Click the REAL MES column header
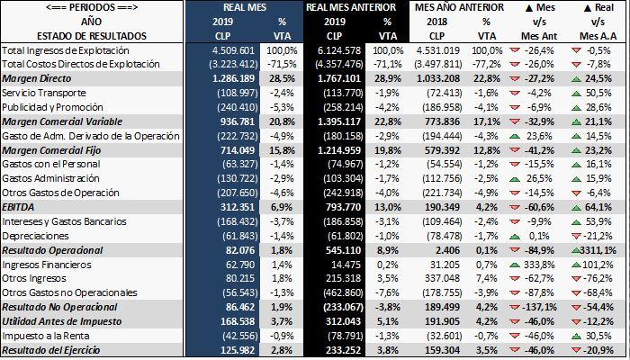[245, 7]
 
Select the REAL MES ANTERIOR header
[351, 7]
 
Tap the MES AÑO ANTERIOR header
[459, 7]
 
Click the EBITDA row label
[18, 207]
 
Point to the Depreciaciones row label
[35, 236]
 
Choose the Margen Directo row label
[37, 78]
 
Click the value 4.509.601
[233, 50]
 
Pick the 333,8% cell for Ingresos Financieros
[539, 265]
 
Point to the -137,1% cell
[537, 308]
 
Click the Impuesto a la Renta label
[46, 336]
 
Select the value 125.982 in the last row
[238, 350]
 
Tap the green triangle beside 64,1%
[576, 208]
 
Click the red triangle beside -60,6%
[515, 208]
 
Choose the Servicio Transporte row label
[44, 93]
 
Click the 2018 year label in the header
[436, 22]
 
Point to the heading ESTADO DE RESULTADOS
[92, 36]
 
